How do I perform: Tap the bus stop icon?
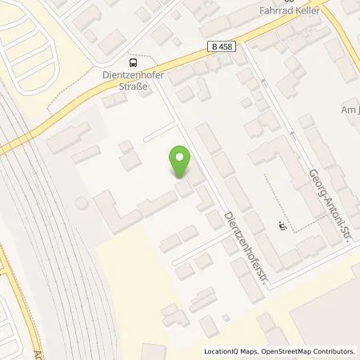[132, 62]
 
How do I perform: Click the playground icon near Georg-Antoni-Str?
[280, 225]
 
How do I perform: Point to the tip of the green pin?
[181, 178]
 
